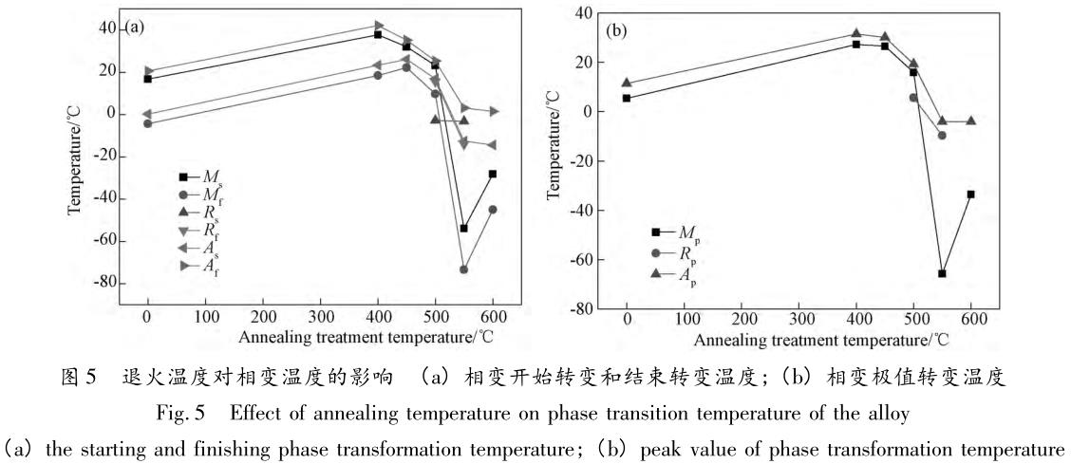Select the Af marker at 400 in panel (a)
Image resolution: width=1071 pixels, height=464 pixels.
point(378,26)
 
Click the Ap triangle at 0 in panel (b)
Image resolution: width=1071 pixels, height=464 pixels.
point(627,83)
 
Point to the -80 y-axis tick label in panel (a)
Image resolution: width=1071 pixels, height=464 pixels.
point(102,283)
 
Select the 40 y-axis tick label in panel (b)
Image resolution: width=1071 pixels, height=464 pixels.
point(582,12)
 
